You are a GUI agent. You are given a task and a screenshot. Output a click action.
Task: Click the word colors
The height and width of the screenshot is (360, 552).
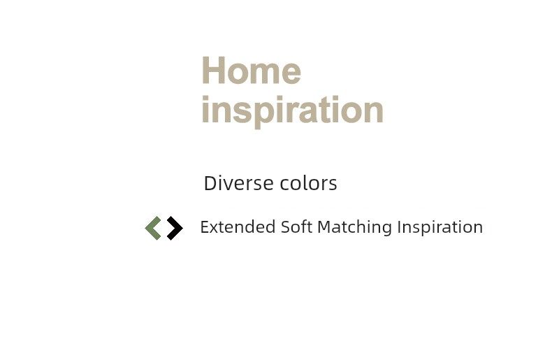(x=308, y=183)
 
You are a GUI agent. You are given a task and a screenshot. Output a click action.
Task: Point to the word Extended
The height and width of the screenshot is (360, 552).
(x=238, y=227)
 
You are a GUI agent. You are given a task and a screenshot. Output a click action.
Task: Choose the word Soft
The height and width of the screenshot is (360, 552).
(x=296, y=227)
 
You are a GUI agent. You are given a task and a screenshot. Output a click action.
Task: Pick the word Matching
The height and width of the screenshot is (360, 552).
(x=354, y=228)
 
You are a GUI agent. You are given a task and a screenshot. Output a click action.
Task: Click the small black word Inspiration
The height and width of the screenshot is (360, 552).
(x=440, y=228)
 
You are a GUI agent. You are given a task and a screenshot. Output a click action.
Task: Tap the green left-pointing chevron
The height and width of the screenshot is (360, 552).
(x=154, y=229)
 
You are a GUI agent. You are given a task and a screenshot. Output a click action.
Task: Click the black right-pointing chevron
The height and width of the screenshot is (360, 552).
(x=175, y=229)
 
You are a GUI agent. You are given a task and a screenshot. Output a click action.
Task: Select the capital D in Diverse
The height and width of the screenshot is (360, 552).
(x=210, y=183)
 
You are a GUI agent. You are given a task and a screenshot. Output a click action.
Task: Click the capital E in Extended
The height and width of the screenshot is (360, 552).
(x=205, y=227)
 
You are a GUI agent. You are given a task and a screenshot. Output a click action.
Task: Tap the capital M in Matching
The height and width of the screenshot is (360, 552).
(x=325, y=227)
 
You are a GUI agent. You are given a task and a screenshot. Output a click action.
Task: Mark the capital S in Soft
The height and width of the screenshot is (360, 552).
(x=286, y=227)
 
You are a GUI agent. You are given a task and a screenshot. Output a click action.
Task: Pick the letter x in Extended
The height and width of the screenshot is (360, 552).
(x=215, y=229)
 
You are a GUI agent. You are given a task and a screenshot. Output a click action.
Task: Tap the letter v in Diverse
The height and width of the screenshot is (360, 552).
(x=231, y=185)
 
